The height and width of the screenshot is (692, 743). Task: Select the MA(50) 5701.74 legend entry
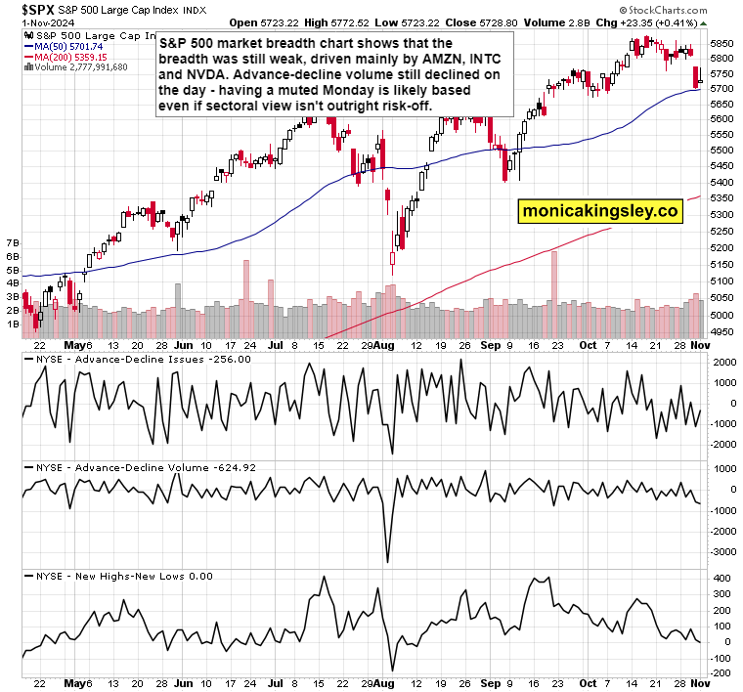click(69, 45)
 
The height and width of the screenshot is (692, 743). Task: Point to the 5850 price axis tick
click(721, 43)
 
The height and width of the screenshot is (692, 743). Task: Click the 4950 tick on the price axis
click(721, 331)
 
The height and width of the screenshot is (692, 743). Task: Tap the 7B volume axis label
click(13, 240)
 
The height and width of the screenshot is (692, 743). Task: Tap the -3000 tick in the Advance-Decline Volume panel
click(721, 552)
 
